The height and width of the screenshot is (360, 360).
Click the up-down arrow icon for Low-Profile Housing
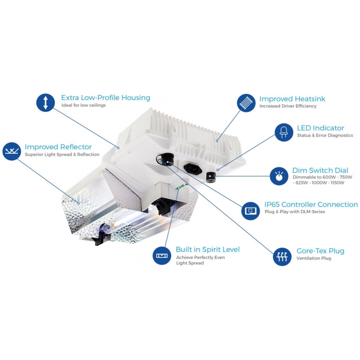pyautogui.click(x=45, y=103)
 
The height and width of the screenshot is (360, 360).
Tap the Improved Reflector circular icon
pyautogui.click(x=12, y=151)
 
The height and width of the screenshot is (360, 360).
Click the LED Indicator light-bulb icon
pyautogui.click(x=284, y=132)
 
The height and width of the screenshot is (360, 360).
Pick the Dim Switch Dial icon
pyautogui.click(x=279, y=176)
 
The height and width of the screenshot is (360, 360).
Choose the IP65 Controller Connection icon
pyautogui.click(x=251, y=210)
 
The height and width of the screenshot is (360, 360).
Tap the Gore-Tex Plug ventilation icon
pyautogui.click(x=282, y=256)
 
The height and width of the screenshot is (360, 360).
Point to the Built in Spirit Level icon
pyautogui.click(x=161, y=255)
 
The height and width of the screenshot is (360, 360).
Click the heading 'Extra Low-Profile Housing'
pyautogui.click(x=105, y=98)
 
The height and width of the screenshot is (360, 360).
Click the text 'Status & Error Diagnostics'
pyautogui.click(x=325, y=136)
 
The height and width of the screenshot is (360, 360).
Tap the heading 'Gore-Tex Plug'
pyautogui.click(x=320, y=251)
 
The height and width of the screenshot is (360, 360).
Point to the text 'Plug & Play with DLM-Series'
pyautogui.click(x=295, y=212)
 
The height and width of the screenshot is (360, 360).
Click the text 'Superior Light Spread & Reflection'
pyautogui.click(x=62, y=155)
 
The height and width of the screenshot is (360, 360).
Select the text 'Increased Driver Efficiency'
pyautogui.click(x=288, y=106)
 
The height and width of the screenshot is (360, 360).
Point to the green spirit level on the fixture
pyautogui.click(x=180, y=187)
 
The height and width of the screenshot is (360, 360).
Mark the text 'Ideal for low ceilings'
pyautogui.click(x=84, y=105)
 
